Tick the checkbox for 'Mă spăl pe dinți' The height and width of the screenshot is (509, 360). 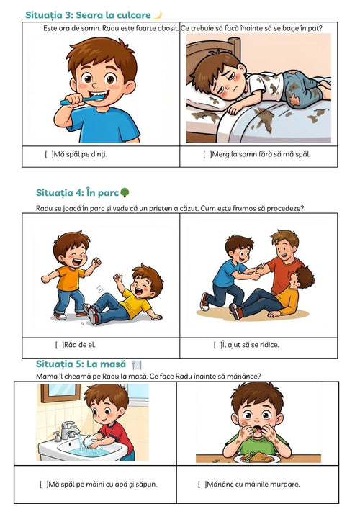coord(49,155)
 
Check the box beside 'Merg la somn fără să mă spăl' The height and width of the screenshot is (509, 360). coord(207,155)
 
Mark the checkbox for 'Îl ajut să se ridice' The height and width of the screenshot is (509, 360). coord(217,345)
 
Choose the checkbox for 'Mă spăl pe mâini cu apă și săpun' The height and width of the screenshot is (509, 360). coord(43,485)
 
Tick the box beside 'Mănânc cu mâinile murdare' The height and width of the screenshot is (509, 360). coord(202,485)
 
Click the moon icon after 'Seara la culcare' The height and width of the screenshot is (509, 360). coord(158,15)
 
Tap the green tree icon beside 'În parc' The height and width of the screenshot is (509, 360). coord(125,192)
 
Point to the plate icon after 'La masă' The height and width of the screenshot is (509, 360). coord(137,364)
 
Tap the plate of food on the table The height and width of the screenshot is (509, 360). coord(257,458)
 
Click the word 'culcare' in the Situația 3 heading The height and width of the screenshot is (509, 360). coord(134,15)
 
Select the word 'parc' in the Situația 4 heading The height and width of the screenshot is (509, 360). coord(108,193)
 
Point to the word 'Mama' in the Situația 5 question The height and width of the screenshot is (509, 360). coord(45,377)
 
